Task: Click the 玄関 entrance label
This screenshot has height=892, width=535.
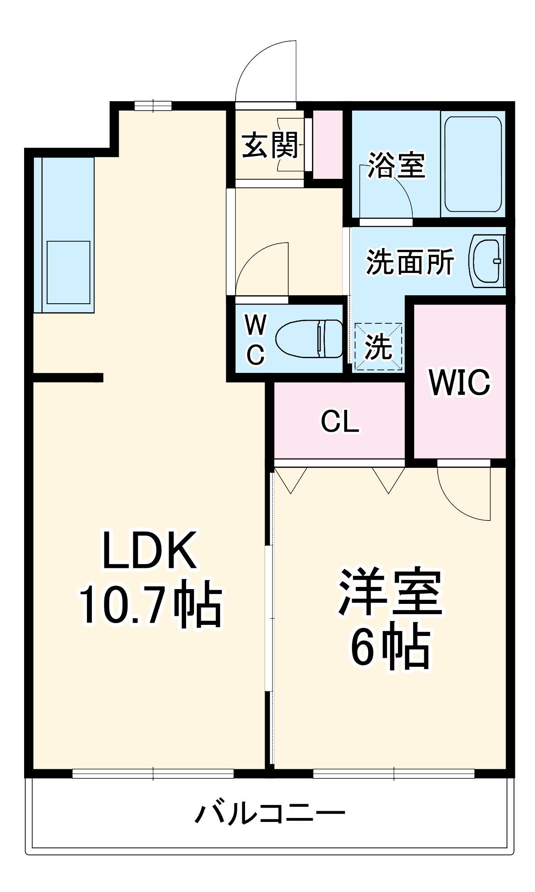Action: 270,145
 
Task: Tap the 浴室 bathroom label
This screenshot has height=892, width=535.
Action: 396,165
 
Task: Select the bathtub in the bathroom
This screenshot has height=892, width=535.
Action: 473,164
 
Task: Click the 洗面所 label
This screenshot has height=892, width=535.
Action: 410,261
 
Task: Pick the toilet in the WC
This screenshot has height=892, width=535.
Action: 309,339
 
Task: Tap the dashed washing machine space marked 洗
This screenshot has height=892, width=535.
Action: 378,347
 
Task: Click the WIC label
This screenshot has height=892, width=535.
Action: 460,382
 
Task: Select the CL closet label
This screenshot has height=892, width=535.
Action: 340,421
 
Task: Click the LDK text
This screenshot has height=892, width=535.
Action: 150,550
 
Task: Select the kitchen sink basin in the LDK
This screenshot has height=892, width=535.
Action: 69,273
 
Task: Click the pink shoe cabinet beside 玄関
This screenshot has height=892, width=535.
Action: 327,144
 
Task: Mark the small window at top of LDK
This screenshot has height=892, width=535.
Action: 153,106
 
